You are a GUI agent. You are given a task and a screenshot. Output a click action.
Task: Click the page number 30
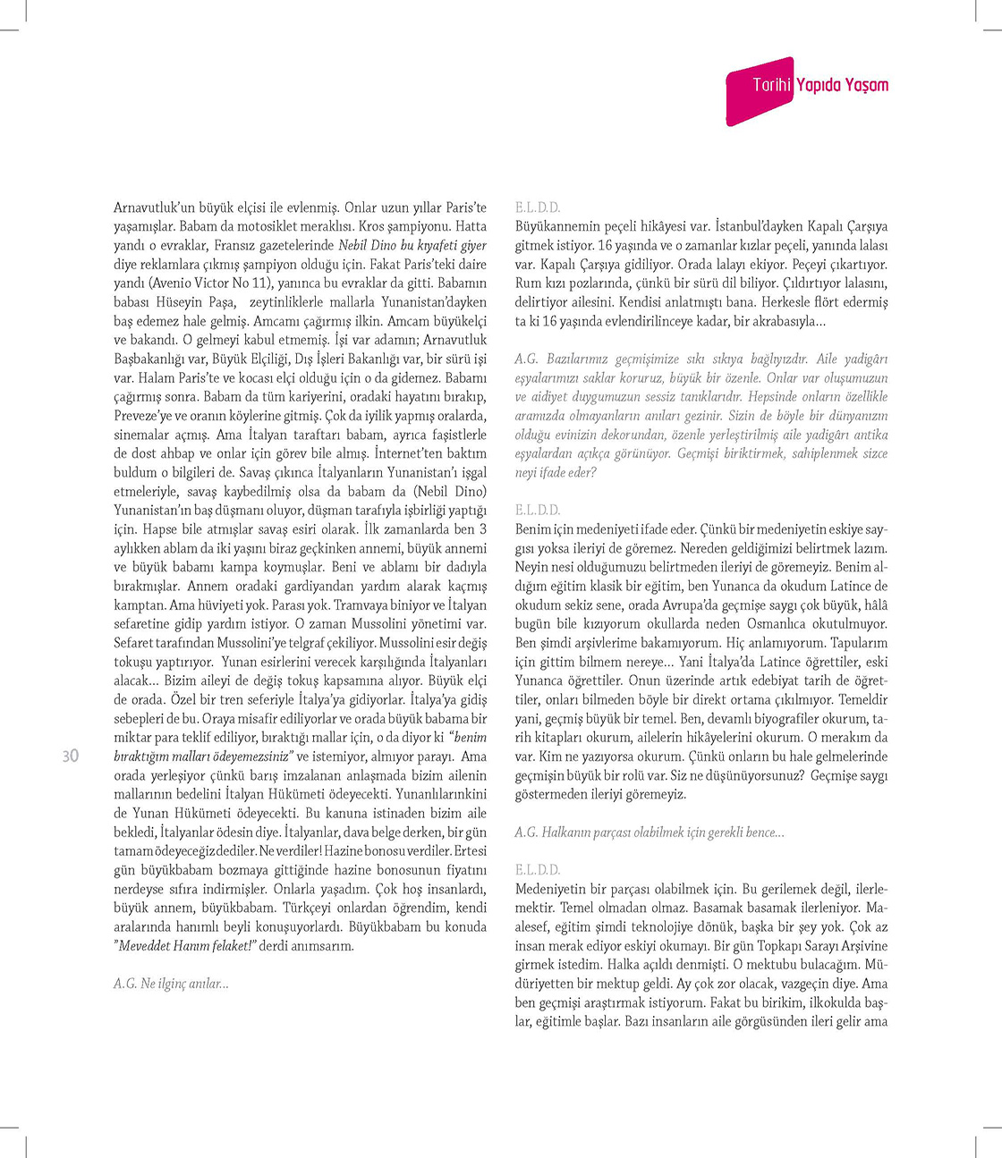tap(70, 756)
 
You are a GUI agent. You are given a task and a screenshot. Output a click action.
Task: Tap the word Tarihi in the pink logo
tap(771, 85)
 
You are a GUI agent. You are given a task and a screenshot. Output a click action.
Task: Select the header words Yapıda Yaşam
tap(842, 85)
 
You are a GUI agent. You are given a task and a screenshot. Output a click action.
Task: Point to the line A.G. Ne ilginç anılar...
tap(171, 984)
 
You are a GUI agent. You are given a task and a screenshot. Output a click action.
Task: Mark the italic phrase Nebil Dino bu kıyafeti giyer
tap(412, 245)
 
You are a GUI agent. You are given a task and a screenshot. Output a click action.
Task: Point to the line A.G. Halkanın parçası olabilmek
tap(650, 832)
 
